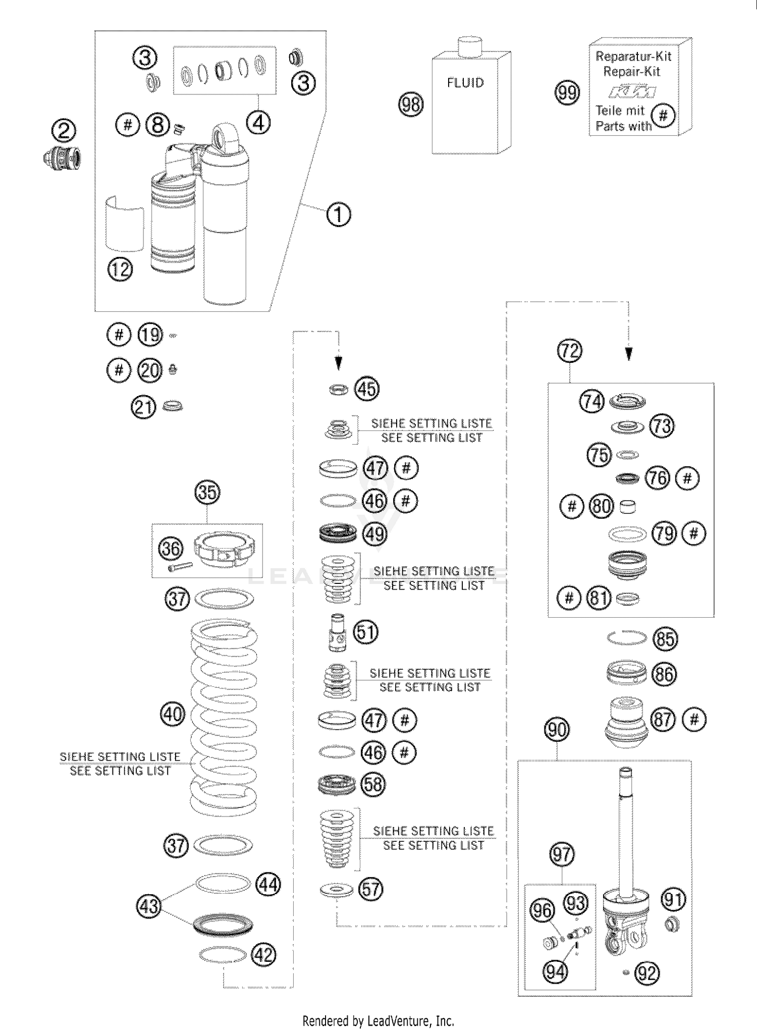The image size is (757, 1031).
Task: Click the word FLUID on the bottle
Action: [x=465, y=83]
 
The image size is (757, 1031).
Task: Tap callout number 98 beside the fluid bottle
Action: [x=411, y=104]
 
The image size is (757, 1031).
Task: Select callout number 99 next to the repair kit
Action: [x=567, y=93]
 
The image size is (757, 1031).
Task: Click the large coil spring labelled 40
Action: [x=223, y=717]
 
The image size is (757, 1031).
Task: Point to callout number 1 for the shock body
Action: [x=339, y=214]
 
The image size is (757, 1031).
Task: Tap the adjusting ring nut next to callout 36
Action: [x=225, y=550]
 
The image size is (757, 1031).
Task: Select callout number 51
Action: [x=366, y=632]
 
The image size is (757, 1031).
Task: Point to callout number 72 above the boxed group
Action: [x=569, y=351]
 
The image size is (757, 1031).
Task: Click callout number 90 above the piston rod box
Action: [x=557, y=730]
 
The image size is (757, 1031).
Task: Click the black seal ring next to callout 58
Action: [x=338, y=785]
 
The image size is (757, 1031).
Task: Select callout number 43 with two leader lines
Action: [x=149, y=906]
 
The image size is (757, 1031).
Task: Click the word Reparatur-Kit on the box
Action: [x=633, y=57]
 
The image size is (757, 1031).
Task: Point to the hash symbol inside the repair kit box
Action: [x=663, y=116]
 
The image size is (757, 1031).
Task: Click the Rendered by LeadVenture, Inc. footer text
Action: [x=378, y=1021]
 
